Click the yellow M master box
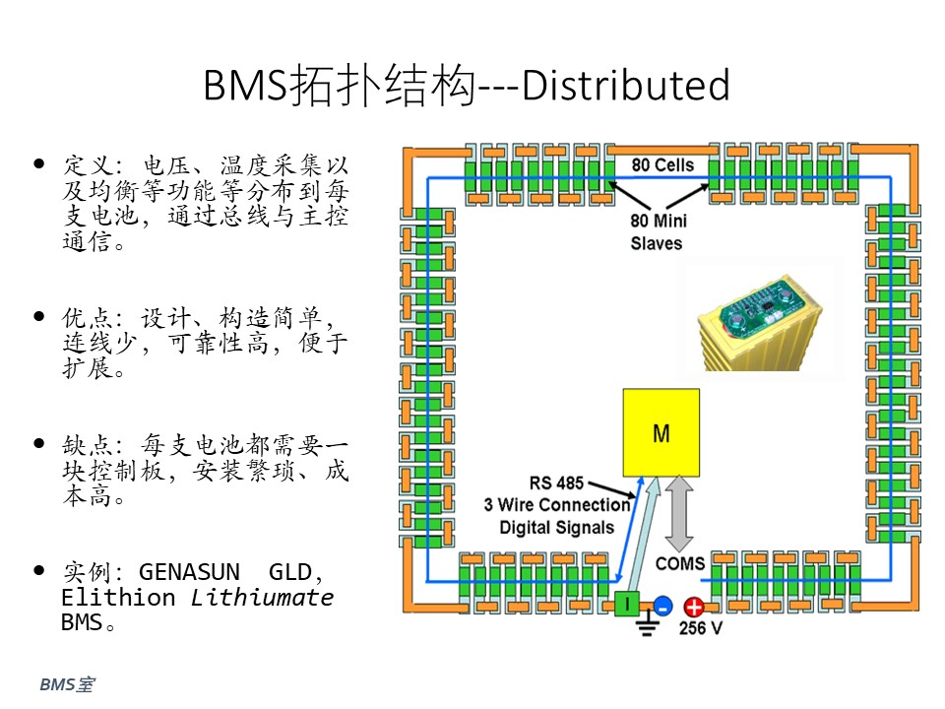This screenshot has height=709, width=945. point(661,433)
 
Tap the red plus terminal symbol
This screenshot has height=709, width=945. point(693,607)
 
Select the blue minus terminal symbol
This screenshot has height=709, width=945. point(662,606)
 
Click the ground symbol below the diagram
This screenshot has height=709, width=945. point(647,624)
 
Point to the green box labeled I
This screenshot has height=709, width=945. point(627,604)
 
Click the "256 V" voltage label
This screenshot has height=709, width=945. point(700,628)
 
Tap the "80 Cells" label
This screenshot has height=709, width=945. point(662,165)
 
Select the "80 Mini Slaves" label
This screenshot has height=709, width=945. point(659,232)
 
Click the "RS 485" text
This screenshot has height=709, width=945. point(556,483)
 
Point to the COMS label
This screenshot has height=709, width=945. point(680,563)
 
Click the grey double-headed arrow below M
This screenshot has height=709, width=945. point(679,513)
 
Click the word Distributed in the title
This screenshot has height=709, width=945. point(626,85)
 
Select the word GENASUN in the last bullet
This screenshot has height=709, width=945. point(189,571)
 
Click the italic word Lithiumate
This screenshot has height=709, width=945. point(262,598)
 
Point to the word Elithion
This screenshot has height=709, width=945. point(118,598)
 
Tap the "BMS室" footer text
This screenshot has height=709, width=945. point(67,684)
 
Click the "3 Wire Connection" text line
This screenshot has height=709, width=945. point(556,504)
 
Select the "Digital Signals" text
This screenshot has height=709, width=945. point(556,528)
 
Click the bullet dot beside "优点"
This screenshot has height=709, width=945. point(39,316)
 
